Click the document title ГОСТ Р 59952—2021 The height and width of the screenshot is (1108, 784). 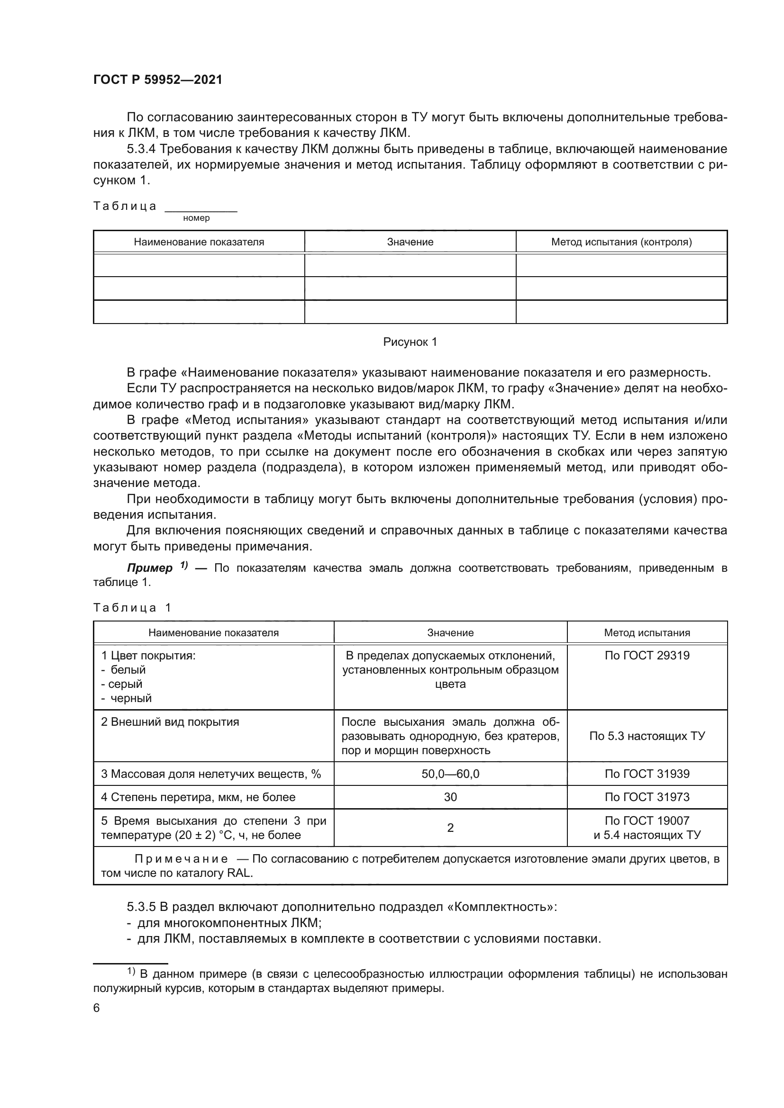click(x=157, y=80)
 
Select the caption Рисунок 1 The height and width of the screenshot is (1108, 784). click(x=410, y=342)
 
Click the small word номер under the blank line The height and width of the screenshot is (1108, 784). click(x=197, y=218)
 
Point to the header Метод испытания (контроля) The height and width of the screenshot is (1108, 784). click(x=621, y=242)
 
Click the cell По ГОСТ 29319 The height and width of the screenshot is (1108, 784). click(x=647, y=655)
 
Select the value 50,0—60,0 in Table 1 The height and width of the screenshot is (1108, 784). click(x=450, y=774)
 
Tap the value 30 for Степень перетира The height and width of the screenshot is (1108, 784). click(x=450, y=797)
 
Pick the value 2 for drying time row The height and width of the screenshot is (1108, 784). click(x=450, y=828)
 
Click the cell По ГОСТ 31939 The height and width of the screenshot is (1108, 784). click(x=647, y=774)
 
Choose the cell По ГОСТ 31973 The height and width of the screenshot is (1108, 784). click(x=647, y=797)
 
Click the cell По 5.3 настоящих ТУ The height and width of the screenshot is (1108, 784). click(x=647, y=736)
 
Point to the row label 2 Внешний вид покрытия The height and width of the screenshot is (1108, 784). click(x=170, y=722)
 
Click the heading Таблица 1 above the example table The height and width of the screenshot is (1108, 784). click(x=132, y=608)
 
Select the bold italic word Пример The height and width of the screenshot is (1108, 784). click(x=150, y=568)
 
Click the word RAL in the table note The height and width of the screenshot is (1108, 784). click(x=239, y=873)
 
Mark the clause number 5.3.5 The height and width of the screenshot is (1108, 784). click(x=141, y=907)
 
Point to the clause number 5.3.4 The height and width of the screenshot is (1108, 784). click(x=141, y=149)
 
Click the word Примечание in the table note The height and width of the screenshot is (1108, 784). click(x=181, y=859)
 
